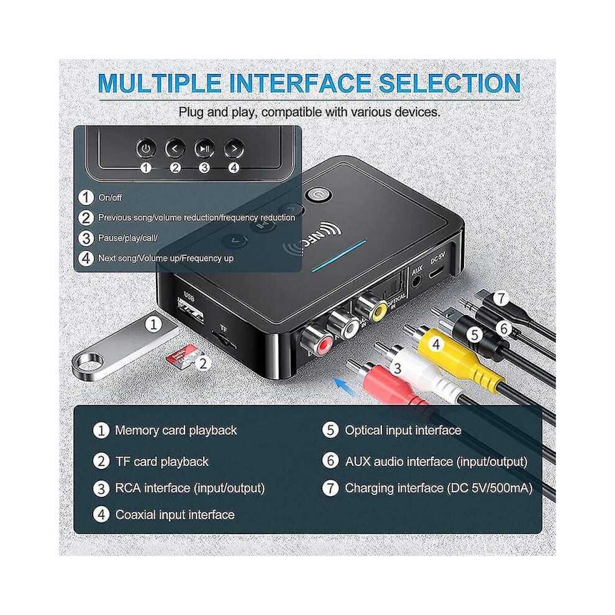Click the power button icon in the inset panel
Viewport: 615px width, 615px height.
coord(146,148)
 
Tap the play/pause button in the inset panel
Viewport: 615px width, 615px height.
coord(204,148)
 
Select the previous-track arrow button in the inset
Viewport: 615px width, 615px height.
coord(175,148)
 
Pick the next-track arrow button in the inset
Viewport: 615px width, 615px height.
coord(234,148)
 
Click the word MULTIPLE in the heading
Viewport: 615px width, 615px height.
coord(160,83)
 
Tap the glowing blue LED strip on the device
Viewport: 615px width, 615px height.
coord(339,256)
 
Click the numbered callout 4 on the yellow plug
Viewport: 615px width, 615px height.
coord(436,344)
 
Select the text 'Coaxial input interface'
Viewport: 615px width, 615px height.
coord(175,514)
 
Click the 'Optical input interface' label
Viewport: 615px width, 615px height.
coord(403,430)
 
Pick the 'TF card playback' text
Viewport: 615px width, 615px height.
coord(162,462)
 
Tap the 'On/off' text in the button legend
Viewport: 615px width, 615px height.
coord(110,198)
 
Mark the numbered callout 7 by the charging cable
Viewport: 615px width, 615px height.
coord(501,299)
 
